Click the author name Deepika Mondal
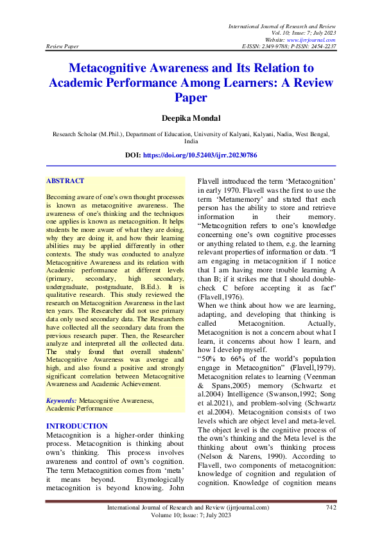(x=191, y=119)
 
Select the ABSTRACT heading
(x=65, y=181)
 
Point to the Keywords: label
(x=62, y=382)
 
